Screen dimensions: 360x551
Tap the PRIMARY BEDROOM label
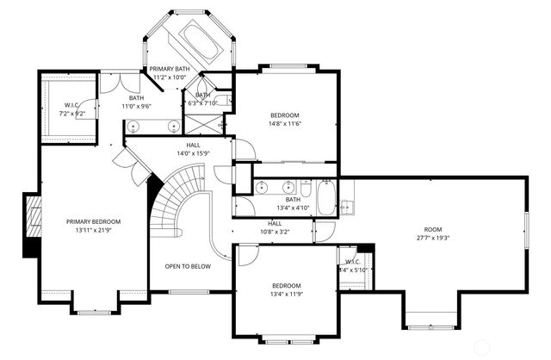(x=94, y=221)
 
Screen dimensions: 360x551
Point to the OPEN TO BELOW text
(x=188, y=266)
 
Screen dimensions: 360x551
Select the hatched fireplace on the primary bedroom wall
(x=31, y=225)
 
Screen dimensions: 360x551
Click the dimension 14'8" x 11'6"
(x=285, y=123)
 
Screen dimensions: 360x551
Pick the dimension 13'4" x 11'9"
(x=287, y=294)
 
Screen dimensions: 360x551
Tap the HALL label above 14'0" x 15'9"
(x=194, y=146)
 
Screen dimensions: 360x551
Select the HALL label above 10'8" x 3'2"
(x=275, y=224)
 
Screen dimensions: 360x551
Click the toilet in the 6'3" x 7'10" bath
(x=222, y=101)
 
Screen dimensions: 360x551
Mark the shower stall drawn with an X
(x=221, y=123)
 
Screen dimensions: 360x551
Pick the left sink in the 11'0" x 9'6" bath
(x=135, y=127)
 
